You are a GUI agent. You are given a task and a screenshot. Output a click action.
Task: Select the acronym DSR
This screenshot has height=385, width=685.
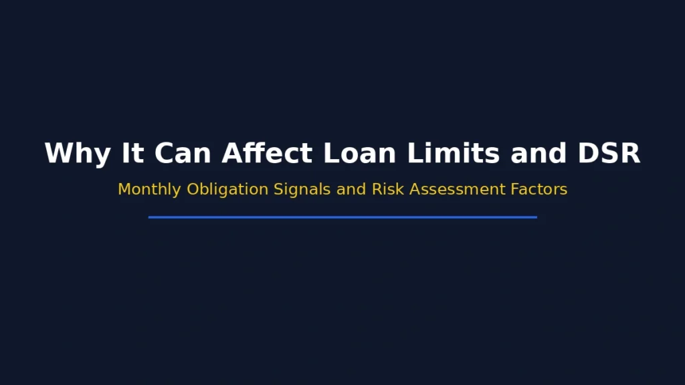click(x=609, y=154)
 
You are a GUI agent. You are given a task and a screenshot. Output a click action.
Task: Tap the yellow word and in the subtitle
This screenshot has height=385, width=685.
click(x=351, y=190)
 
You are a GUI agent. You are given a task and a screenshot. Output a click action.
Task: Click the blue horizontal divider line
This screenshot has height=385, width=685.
click(x=342, y=217)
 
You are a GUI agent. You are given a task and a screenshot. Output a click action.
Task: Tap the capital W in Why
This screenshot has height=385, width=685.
click(x=60, y=154)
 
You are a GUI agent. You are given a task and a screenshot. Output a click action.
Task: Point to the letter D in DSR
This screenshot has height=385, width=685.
click(x=588, y=154)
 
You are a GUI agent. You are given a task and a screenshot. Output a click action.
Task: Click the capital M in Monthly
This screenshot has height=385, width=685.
click(x=124, y=190)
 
